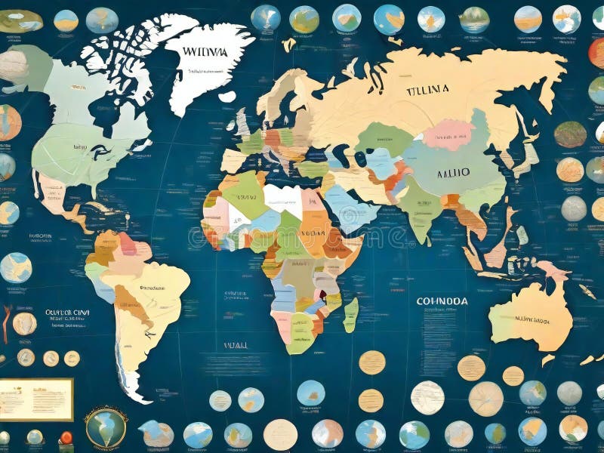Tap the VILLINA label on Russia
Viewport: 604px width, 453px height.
coord(427,89)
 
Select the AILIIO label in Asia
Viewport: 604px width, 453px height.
coord(453,172)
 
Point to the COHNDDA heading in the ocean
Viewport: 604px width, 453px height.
coord(442,300)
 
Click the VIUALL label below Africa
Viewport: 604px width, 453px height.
coord(236,344)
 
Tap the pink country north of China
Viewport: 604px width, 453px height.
coord(447,134)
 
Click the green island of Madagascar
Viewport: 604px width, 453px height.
coord(350,314)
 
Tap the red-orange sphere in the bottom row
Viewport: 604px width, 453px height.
coord(66,437)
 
